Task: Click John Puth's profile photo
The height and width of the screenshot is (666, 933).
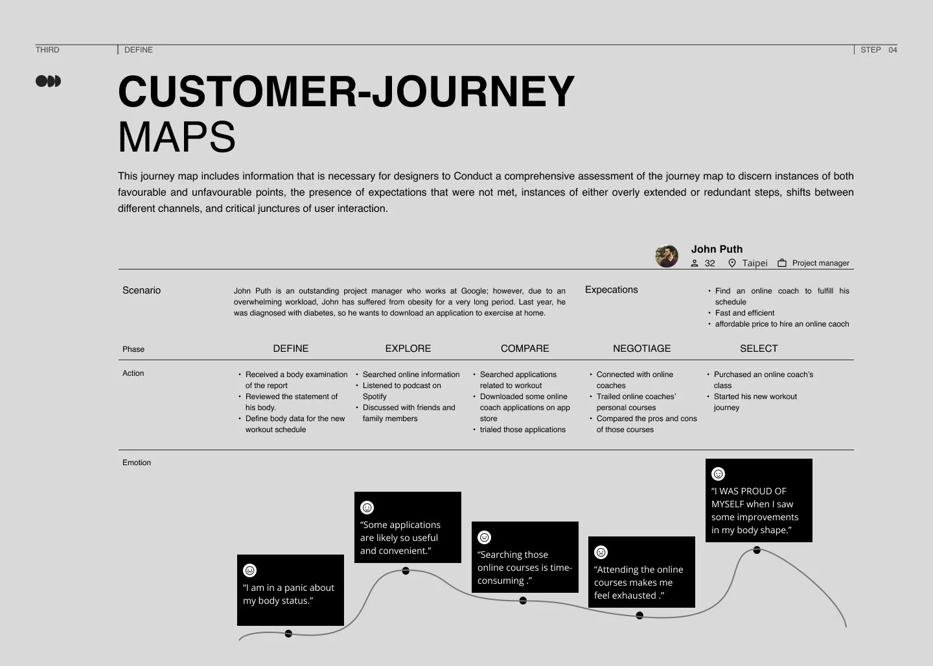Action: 667,256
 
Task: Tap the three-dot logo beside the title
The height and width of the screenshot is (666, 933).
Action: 48,81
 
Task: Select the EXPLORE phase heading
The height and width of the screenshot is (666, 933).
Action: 408,349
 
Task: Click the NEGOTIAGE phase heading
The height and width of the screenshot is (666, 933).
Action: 641,349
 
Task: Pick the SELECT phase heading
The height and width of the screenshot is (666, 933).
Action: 758,349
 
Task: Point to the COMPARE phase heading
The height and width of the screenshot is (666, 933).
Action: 525,349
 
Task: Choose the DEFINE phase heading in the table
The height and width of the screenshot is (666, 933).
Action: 291,349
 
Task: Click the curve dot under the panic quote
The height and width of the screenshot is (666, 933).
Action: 288,634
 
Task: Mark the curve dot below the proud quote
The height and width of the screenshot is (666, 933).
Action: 757,550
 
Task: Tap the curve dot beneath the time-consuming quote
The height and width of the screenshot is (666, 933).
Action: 523,601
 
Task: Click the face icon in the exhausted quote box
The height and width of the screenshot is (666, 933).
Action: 601,553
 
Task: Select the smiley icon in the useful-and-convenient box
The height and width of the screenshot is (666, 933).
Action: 367,508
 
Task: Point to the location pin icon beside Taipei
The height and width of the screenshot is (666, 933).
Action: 732,263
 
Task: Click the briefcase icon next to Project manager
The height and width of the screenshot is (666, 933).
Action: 782,263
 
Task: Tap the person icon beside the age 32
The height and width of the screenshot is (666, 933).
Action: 695,263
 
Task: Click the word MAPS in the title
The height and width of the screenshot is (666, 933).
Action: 177,137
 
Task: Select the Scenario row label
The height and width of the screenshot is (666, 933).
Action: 141,290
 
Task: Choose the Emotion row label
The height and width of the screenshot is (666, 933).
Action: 137,463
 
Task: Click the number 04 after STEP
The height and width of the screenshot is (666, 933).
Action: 893,50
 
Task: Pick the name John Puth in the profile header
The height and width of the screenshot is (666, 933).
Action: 717,249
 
